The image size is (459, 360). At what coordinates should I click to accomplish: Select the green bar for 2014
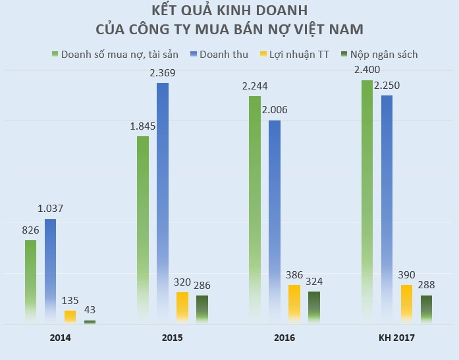[30, 282]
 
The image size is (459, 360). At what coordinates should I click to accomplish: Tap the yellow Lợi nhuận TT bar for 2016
[294, 303]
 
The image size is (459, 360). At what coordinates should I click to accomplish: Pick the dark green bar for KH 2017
[427, 309]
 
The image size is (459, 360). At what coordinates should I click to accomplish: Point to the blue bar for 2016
[275, 221]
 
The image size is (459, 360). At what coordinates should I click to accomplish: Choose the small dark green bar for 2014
[90, 322]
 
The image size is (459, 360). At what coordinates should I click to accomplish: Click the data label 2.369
[163, 72]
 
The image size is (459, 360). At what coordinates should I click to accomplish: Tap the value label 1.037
[50, 209]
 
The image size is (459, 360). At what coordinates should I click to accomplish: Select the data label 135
[70, 300]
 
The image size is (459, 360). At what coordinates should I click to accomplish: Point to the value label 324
[314, 281]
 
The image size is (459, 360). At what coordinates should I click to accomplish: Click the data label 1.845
[142, 126]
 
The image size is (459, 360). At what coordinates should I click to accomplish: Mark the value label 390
[407, 274]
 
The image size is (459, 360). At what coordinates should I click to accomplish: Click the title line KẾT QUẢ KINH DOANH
[229, 11]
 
